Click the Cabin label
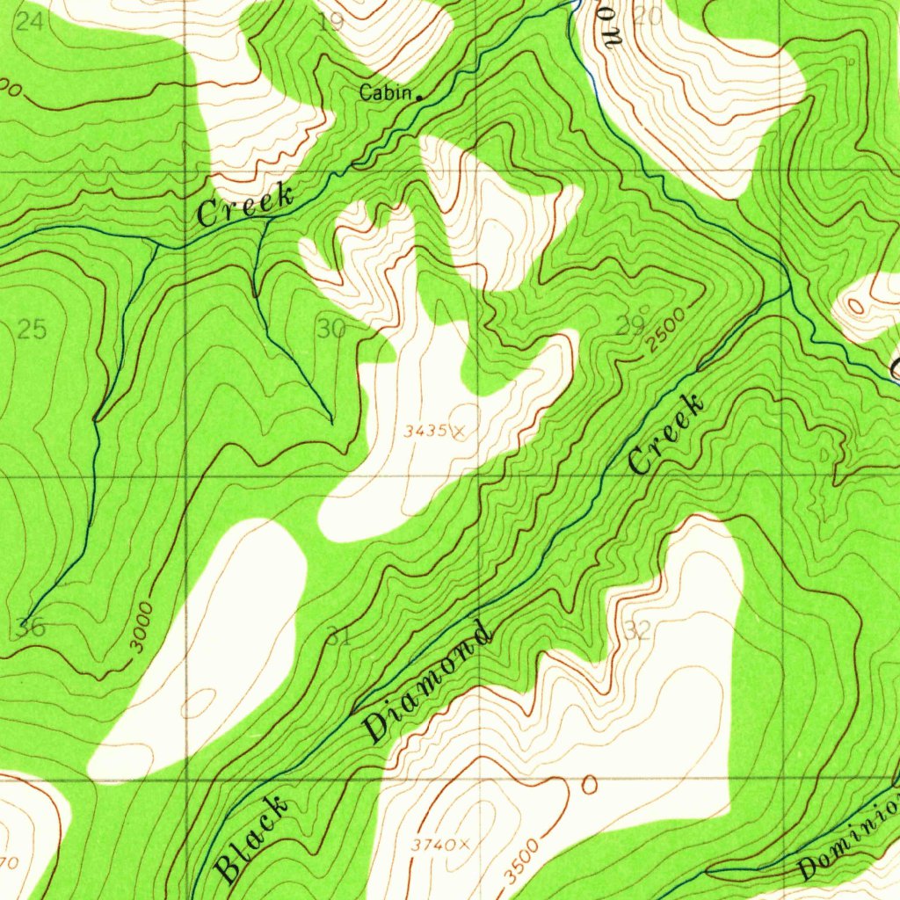(x=385, y=93)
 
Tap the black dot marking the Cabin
(x=419, y=97)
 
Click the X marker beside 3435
(x=460, y=431)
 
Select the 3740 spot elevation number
(x=433, y=845)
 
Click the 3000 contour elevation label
(x=141, y=627)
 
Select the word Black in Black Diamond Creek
(x=251, y=838)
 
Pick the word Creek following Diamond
(x=666, y=434)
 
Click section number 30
(x=331, y=330)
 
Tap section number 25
(x=32, y=330)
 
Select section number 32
(x=639, y=631)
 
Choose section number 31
(x=338, y=638)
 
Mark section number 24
(x=29, y=21)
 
